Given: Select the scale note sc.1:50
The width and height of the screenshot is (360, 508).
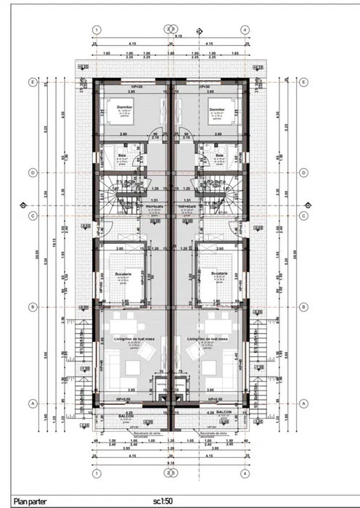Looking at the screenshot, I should pos(162,500).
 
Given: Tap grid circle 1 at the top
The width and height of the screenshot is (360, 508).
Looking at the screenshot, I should pos(96,30).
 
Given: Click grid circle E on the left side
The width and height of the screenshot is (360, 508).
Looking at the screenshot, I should pos(31,82).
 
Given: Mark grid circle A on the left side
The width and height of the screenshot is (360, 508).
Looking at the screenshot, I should pos(31,404).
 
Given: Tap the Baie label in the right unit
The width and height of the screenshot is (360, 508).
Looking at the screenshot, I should pos(219,155).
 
